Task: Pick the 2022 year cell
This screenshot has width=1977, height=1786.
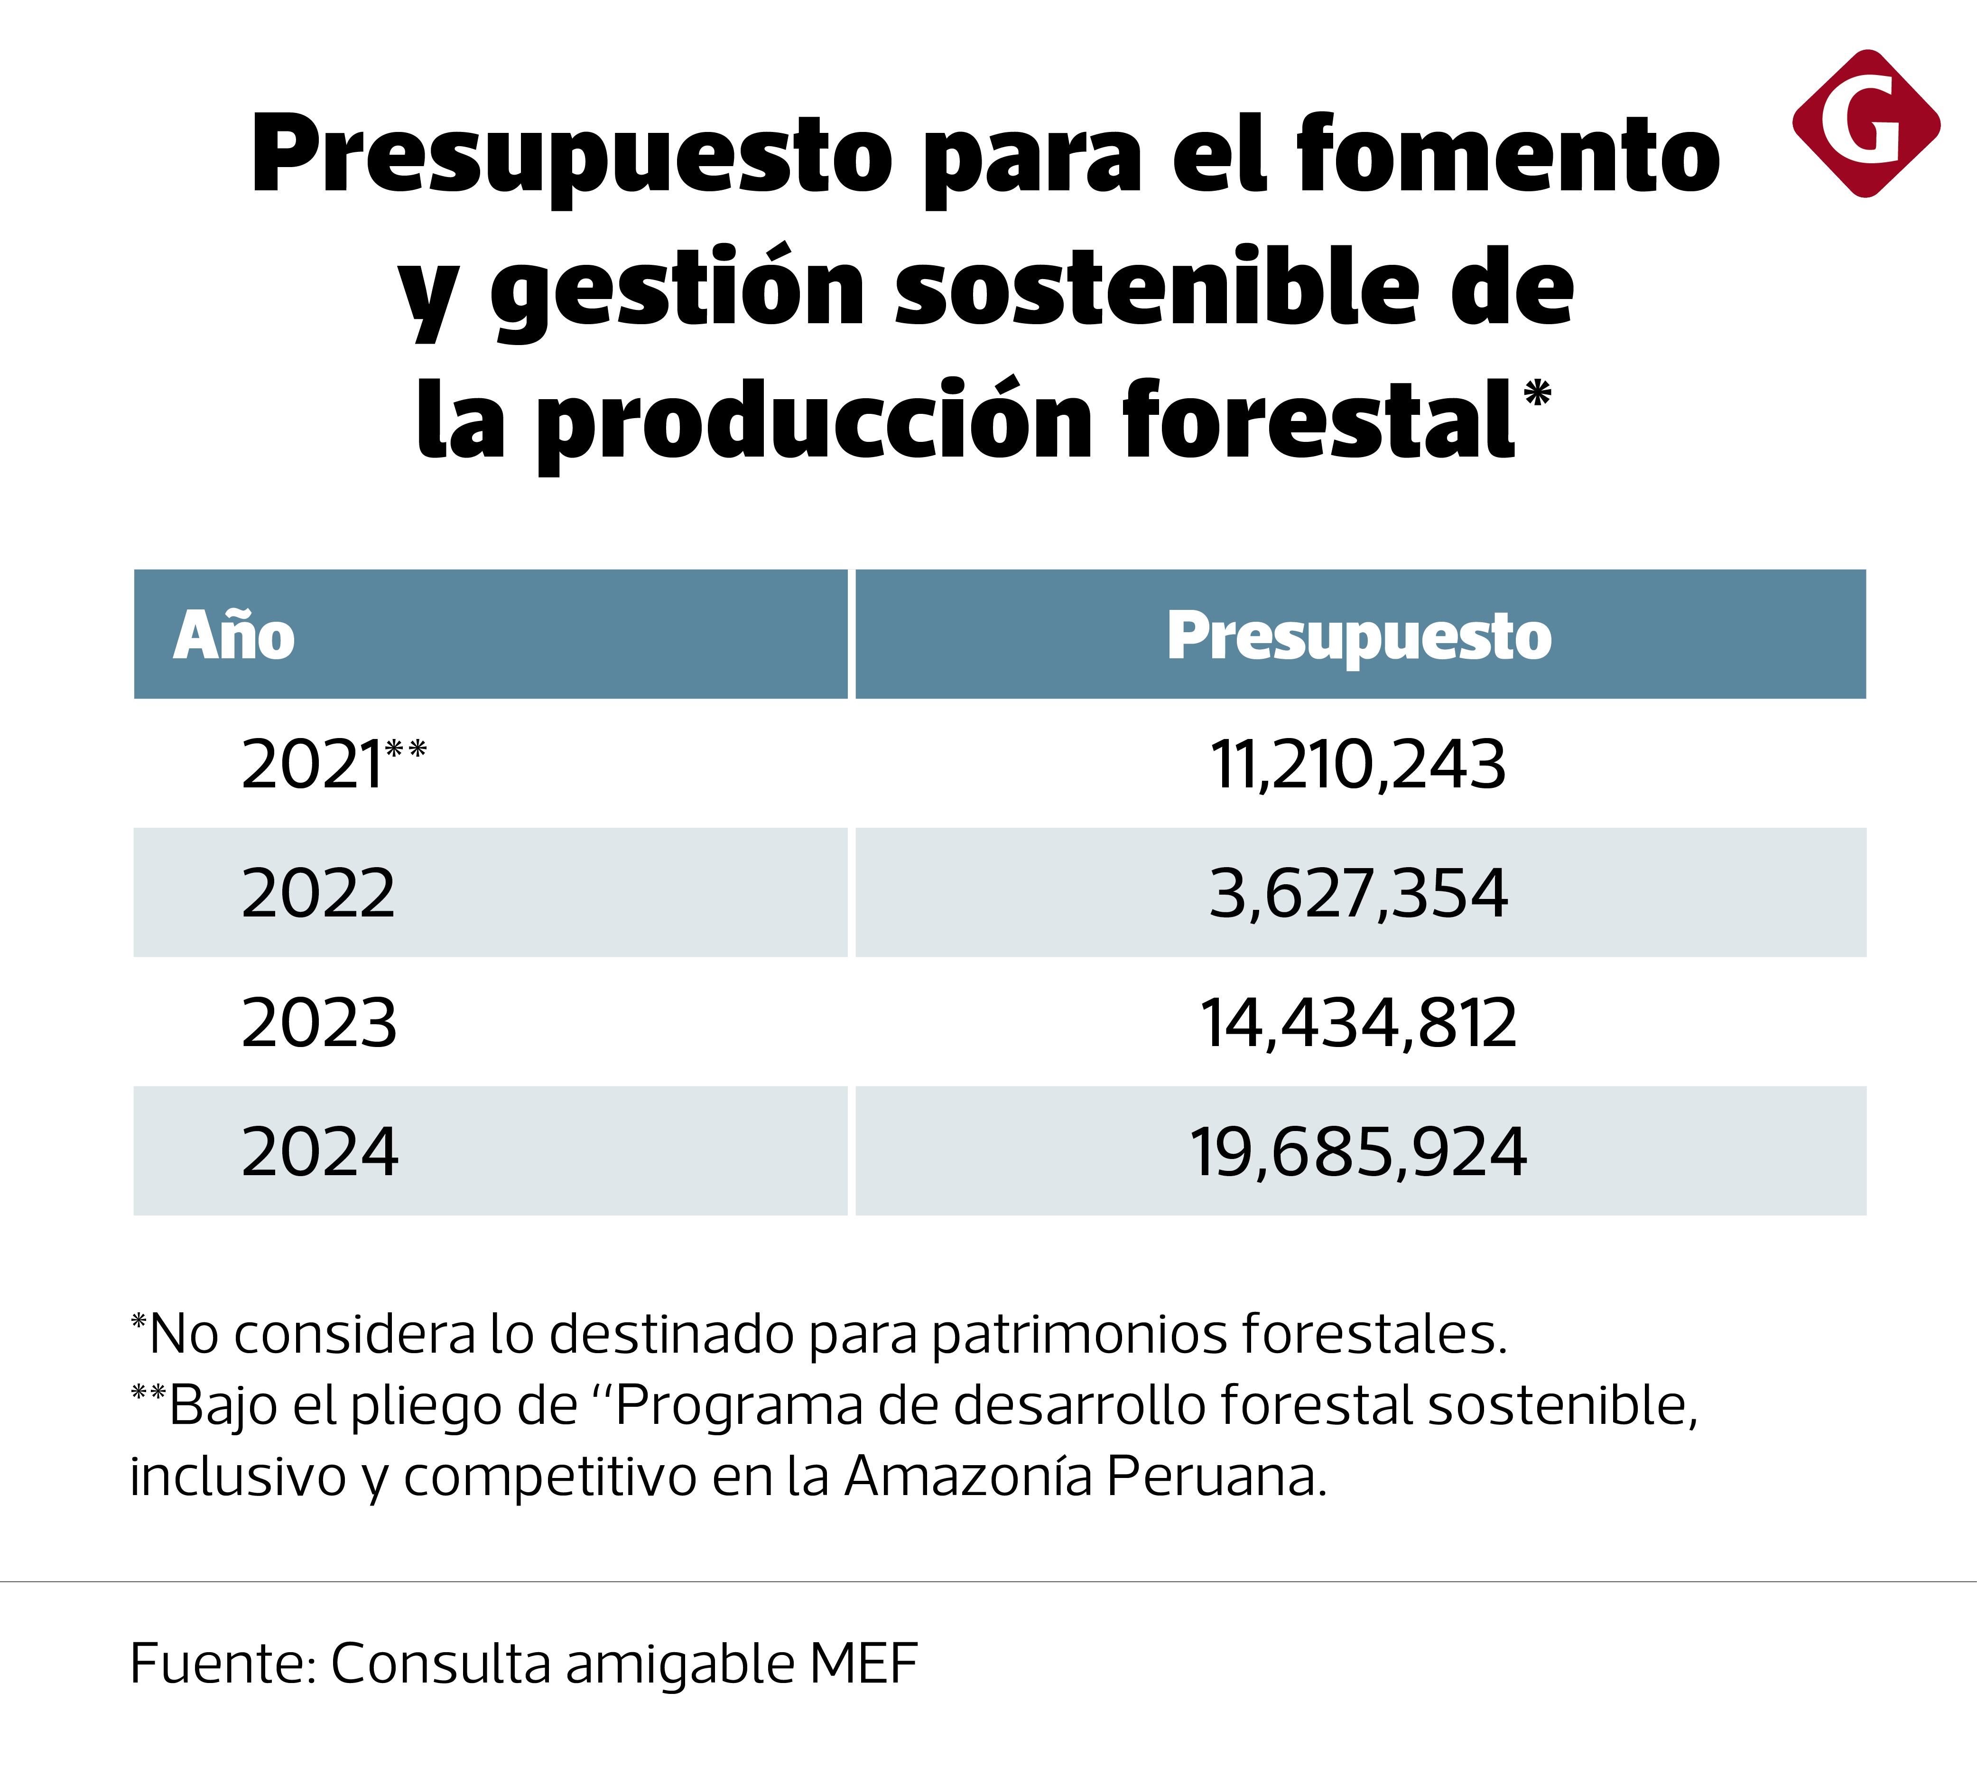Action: point(318,894)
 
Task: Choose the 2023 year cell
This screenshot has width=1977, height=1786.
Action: point(319,1023)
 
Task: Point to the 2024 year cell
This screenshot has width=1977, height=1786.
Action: point(320,1151)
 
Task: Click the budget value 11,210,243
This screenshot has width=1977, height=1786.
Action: point(1358,765)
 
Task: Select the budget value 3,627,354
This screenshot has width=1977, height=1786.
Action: point(1358,894)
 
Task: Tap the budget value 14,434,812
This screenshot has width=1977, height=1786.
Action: point(1358,1023)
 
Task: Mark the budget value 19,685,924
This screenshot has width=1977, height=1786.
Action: point(1358,1151)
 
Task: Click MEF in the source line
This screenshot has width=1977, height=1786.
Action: point(863,1664)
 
